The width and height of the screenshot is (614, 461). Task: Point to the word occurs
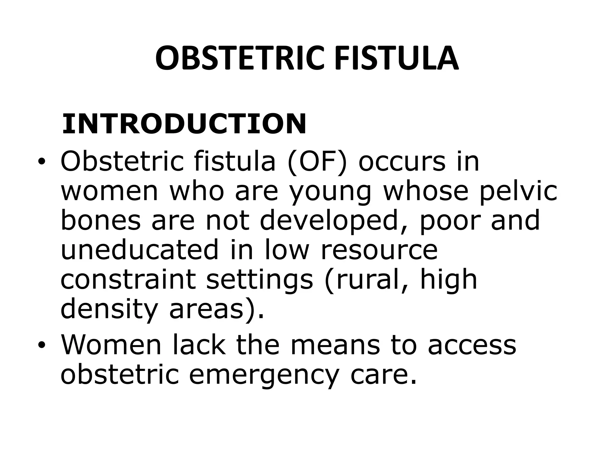point(402,162)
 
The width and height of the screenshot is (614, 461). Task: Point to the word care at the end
point(382,375)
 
